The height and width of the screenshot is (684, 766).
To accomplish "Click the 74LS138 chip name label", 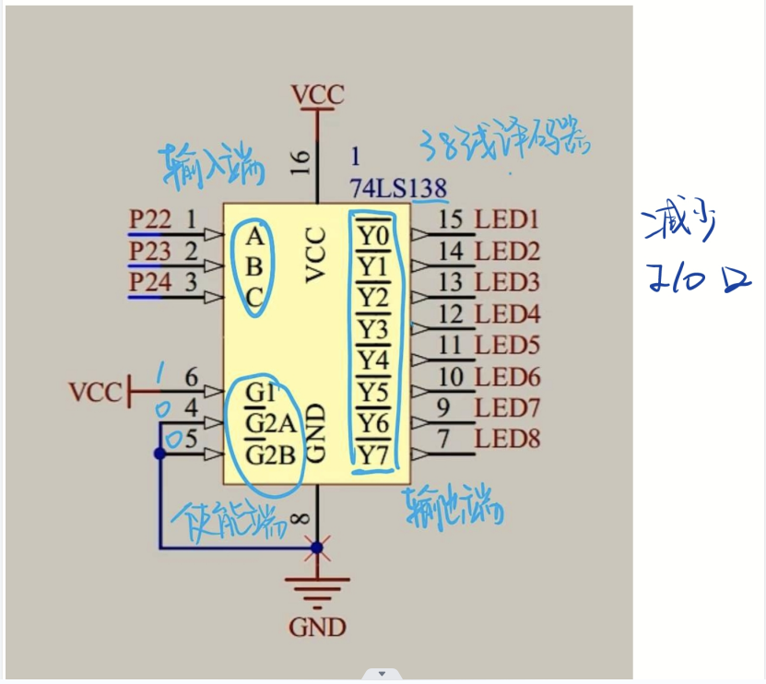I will coord(397,188).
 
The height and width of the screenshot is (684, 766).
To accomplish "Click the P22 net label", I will coord(149,219).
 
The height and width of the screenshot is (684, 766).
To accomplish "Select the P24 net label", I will coord(149,282).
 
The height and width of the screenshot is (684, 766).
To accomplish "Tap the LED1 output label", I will coord(506,219).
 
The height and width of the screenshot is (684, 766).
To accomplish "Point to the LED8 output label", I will coord(507,439).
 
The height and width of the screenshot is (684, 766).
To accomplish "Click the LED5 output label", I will coord(506,346).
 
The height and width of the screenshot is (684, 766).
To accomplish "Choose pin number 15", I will coord(451,219).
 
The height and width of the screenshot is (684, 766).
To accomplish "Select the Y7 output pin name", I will coord(372,454).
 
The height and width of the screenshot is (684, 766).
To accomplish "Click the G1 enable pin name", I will coord(261,393).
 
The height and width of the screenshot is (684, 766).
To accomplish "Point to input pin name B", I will coord(255,267).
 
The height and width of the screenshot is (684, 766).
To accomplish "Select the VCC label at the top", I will coord(317,95).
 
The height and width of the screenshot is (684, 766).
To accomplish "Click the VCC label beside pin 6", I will coord(95,393).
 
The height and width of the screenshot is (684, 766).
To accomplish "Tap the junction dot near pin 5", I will coord(159,454).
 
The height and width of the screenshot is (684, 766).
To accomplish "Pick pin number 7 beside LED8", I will coord(443,439).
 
